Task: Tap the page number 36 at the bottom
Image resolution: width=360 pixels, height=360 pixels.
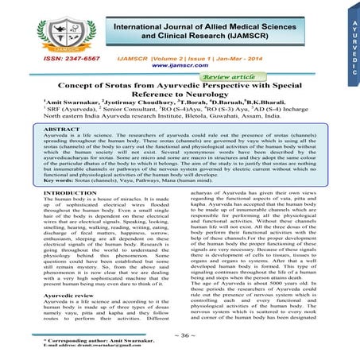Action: pos(180,335)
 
